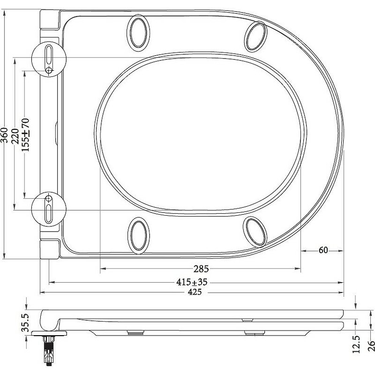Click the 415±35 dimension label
pos(192,282)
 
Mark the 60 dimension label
pos(323,250)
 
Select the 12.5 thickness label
pos(357,344)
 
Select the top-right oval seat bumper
pos(256,34)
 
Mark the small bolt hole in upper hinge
pos(50,70)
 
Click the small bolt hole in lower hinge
pos(48,199)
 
